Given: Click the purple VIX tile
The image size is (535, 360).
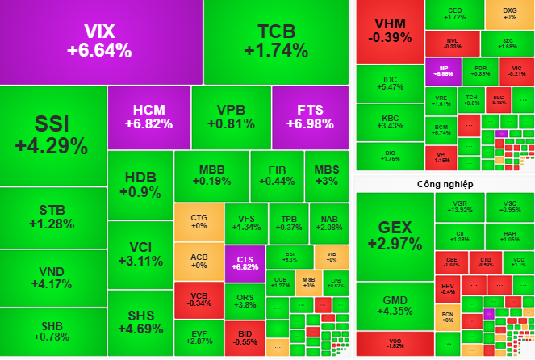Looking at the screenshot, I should (x=100, y=41).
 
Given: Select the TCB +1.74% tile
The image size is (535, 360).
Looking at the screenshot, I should (x=276, y=41).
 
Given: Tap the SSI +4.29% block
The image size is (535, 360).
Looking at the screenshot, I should (x=52, y=135).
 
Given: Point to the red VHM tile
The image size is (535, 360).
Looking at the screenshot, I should (x=390, y=30).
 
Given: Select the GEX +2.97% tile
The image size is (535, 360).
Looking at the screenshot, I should (x=394, y=235).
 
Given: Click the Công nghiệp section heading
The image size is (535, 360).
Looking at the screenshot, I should (x=439, y=184).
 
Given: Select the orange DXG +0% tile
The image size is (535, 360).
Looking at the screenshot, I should (x=509, y=13).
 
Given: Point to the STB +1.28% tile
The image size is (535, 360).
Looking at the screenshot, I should (x=52, y=217).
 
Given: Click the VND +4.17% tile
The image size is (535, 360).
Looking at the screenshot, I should (x=52, y=278).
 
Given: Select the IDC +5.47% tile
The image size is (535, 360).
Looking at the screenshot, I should (x=390, y=82).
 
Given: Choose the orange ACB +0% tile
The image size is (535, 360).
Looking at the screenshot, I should (x=199, y=262).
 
